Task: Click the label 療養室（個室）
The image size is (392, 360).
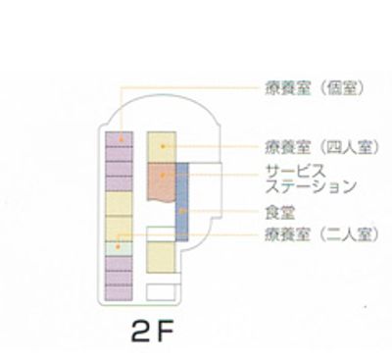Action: tap(315, 86)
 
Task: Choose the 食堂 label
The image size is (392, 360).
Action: tap(280, 211)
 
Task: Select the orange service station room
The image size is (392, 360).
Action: tap(160, 179)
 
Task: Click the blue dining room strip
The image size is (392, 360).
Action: tap(181, 210)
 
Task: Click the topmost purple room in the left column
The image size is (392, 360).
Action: tap(119, 138)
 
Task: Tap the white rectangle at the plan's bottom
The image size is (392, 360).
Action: tap(160, 290)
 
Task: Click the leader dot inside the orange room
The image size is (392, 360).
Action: tap(163, 174)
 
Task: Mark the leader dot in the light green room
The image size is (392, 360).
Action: tap(119, 235)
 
